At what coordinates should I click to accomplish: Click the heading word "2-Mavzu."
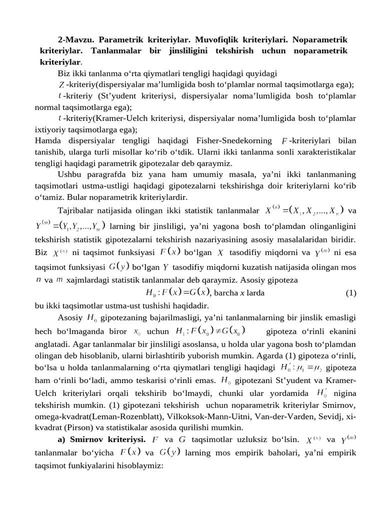click(x=76, y=39)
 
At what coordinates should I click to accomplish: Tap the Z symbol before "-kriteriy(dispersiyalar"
click(x=61, y=84)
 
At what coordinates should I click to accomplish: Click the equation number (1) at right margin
click(x=350, y=293)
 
